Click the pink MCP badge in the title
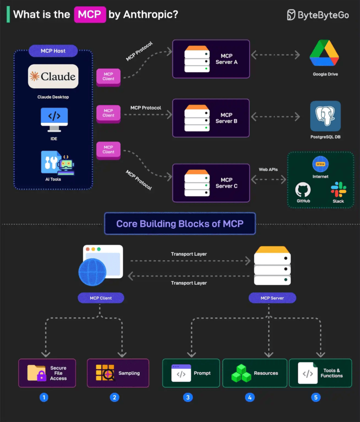pos(89,14)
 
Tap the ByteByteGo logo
pos(318,15)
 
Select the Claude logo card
pos(53,76)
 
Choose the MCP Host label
pos(53,51)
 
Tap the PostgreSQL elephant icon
pos(325,116)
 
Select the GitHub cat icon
pos(303,190)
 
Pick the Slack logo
pos(338,189)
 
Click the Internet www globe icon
pos(320,164)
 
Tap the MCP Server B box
pos(211,118)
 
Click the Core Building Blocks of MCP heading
pos(180,224)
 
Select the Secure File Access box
pos(47,373)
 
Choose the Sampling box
pos(118,373)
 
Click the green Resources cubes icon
pos(241,373)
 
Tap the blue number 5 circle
pos(316,397)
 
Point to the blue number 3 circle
pos(188,397)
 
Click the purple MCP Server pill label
pos(272,298)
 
